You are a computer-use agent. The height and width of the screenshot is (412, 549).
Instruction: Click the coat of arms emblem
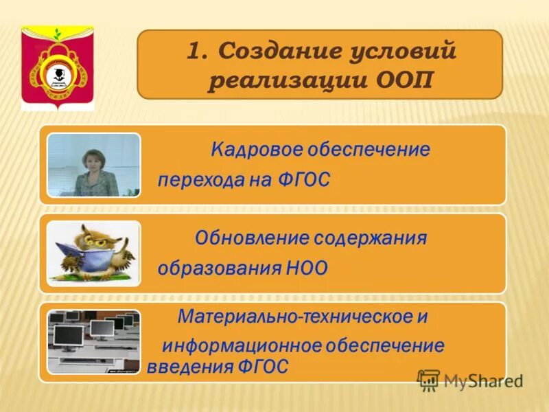pos(58,67)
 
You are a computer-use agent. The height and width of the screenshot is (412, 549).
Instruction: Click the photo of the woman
pos(93,165)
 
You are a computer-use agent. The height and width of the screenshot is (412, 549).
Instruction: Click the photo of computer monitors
pos(93,341)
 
